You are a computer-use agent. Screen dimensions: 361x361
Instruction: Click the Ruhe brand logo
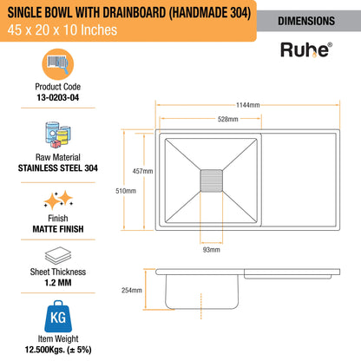(x=306, y=49)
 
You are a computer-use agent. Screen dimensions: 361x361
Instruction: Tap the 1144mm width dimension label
(x=248, y=105)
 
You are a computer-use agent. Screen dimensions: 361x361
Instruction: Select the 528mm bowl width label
(x=228, y=119)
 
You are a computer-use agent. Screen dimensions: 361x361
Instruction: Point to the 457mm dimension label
(x=142, y=171)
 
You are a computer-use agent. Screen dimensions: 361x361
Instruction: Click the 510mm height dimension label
(x=126, y=191)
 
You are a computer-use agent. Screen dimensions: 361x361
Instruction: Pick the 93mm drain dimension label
(x=212, y=250)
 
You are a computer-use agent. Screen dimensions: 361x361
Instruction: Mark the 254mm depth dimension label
(x=132, y=290)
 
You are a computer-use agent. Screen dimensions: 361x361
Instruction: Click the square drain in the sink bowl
(x=212, y=180)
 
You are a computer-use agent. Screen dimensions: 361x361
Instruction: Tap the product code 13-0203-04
(x=58, y=97)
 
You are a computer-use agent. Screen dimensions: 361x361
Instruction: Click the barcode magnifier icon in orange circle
(x=58, y=64)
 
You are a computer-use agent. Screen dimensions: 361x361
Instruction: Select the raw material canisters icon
(x=58, y=135)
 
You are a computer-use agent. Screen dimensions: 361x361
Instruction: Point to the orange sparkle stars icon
(x=58, y=200)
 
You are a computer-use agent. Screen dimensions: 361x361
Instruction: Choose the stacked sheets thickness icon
(x=58, y=255)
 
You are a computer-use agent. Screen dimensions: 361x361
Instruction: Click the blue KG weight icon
(x=58, y=316)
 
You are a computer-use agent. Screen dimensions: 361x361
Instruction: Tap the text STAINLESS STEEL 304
(x=58, y=168)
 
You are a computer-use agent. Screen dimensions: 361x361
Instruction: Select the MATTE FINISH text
(x=58, y=229)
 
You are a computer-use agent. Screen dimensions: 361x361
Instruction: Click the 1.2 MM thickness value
(x=58, y=283)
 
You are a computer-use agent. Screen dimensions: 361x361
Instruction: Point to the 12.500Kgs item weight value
(x=58, y=350)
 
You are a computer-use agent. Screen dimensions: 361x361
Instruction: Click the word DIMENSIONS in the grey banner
(x=306, y=21)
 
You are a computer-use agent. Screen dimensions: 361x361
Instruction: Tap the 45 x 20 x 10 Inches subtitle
(x=62, y=30)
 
